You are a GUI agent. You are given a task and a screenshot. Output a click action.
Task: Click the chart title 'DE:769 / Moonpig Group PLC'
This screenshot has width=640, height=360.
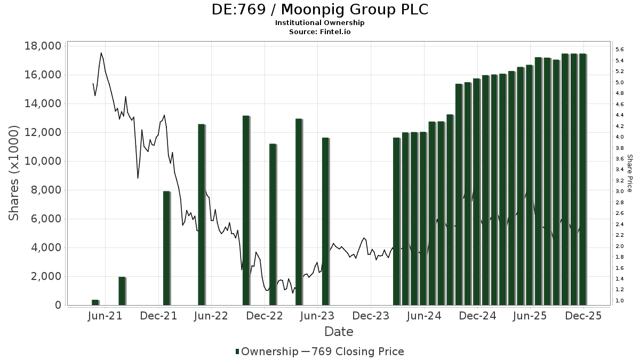point(319,10)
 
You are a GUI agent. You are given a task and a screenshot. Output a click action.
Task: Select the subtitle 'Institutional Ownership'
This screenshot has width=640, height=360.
point(319,23)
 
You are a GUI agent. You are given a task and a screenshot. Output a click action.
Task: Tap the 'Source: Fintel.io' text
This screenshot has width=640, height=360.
point(319,31)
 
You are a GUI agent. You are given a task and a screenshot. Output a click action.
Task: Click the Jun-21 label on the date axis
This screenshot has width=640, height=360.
point(105,316)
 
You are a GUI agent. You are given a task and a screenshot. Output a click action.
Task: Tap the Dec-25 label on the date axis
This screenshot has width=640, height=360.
point(583,316)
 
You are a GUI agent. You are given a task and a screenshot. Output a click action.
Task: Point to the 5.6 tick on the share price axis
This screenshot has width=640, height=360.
point(620,50)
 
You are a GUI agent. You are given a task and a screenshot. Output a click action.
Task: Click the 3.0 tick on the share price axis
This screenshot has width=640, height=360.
point(620,191)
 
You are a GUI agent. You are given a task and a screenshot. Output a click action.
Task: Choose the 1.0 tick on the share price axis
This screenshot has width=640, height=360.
point(620,301)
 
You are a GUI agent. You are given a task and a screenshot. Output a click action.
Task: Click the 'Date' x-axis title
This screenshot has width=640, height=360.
point(339,332)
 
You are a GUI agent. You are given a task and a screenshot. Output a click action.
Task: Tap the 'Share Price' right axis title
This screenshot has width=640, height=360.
point(629,173)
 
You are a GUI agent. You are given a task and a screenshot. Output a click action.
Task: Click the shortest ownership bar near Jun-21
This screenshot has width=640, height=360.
point(95,302)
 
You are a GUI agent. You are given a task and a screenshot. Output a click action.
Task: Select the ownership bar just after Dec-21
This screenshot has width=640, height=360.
point(166,248)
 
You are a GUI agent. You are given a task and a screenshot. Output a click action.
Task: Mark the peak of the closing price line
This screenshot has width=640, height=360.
point(101,53)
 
